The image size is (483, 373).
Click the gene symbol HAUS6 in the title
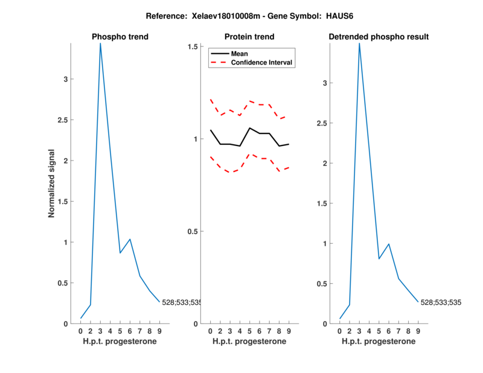pyautogui.click(x=340, y=14)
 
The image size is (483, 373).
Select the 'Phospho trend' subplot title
pyautogui.click(x=120, y=37)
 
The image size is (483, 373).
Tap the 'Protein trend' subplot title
pyautogui.click(x=249, y=37)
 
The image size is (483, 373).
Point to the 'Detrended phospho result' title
pyautogui.click(x=379, y=37)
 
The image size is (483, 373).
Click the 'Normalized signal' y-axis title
pyautogui.click(x=52, y=183)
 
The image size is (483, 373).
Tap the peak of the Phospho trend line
pyautogui.click(x=100, y=43)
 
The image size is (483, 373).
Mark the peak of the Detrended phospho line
pyautogui.click(x=359, y=43)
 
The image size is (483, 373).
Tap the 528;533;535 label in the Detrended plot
pyautogui.click(x=441, y=302)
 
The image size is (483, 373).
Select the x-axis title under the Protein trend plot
pyautogui.click(x=249, y=342)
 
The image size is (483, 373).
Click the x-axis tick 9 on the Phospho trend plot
pyautogui.click(x=159, y=331)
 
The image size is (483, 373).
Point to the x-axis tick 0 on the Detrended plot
pyautogui.click(x=340, y=331)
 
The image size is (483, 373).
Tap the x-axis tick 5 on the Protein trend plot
pyautogui.click(x=249, y=331)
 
